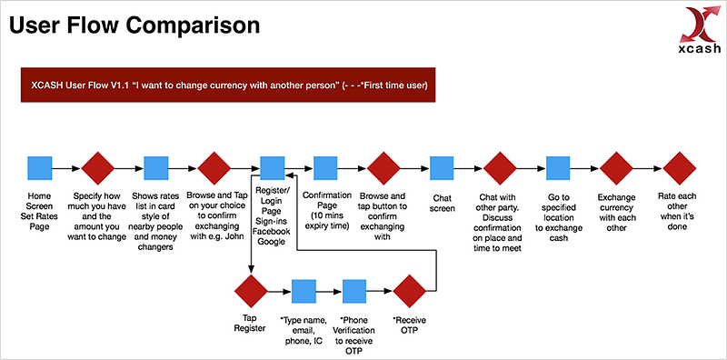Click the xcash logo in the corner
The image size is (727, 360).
click(700, 31)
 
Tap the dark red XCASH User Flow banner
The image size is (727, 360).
click(228, 85)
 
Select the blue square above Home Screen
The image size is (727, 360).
click(40, 168)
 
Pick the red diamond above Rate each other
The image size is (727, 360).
click(679, 168)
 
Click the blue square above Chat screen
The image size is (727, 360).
click(442, 168)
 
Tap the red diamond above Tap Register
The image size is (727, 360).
click(251, 291)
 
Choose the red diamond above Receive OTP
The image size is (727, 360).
click(410, 291)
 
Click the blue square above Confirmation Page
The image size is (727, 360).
click(325, 168)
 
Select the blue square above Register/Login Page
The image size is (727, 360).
click(272, 168)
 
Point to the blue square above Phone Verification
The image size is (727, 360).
click(354, 291)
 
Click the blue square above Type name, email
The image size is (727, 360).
click(304, 291)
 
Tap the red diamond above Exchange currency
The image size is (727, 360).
click(616, 168)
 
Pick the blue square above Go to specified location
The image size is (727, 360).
click(558, 168)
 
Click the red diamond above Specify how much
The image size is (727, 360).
click(98, 168)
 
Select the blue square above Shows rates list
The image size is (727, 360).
click(155, 168)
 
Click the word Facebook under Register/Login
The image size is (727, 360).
click(272, 231)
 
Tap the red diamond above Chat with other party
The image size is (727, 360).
click(500, 168)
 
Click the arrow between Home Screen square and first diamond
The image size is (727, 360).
click(66, 168)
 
